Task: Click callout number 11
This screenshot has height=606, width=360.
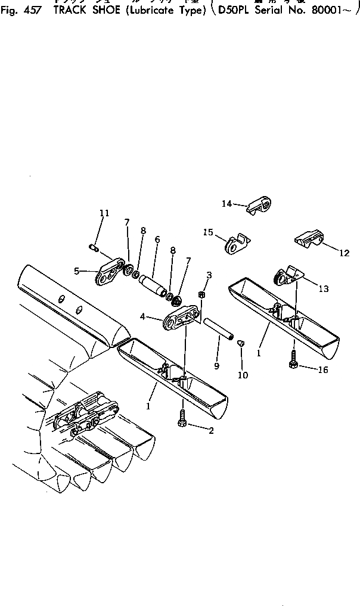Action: pyautogui.click(x=104, y=213)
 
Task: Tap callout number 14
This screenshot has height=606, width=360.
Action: pyautogui.click(x=226, y=204)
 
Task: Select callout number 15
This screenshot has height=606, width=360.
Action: pyautogui.click(x=207, y=232)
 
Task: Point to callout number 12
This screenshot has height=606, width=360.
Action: pyautogui.click(x=345, y=253)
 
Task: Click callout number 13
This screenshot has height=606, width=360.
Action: pyautogui.click(x=323, y=289)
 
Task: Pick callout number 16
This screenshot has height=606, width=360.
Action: pyautogui.click(x=322, y=369)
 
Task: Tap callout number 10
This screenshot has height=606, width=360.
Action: pyautogui.click(x=244, y=375)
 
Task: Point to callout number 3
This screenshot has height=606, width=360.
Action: pyautogui.click(x=209, y=275)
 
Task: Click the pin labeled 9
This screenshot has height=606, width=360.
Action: pyautogui.click(x=218, y=329)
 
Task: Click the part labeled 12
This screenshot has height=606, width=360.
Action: pyautogui.click(x=311, y=240)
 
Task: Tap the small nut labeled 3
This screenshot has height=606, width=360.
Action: pyautogui.click(x=202, y=294)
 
